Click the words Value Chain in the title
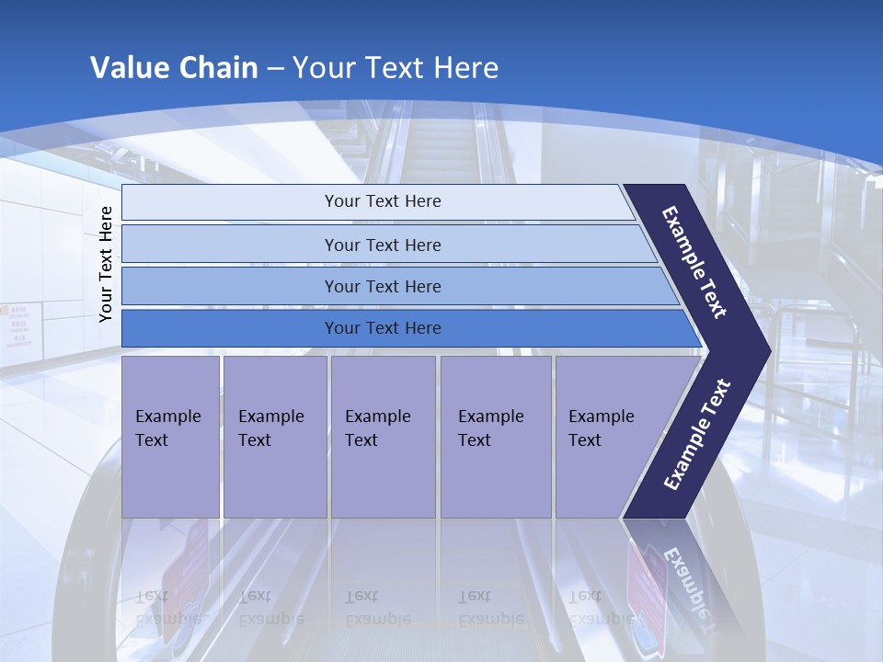(x=174, y=68)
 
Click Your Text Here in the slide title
(x=396, y=68)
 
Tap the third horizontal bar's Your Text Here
(x=382, y=287)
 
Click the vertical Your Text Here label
(x=107, y=264)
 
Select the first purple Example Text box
(x=170, y=436)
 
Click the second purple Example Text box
(x=274, y=436)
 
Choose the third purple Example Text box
(x=382, y=436)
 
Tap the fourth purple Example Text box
(x=495, y=436)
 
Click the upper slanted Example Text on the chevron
(x=695, y=262)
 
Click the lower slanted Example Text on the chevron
(x=696, y=435)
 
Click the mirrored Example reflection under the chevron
(x=686, y=584)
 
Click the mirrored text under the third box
(x=377, y=608)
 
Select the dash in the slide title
(x=275, y=69)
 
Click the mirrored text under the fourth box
(x=490, y=608)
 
